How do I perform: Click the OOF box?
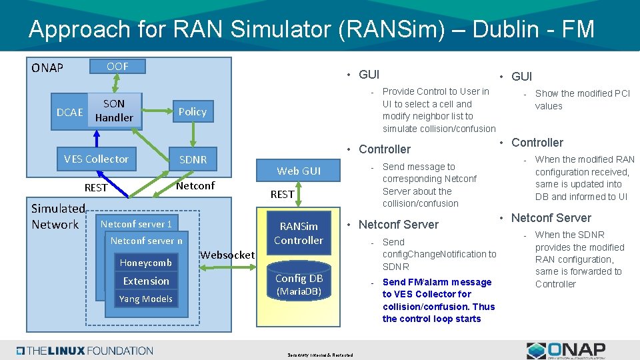117,66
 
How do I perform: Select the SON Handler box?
114,111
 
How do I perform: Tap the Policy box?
192,111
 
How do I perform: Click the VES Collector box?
96,159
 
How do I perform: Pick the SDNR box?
193,159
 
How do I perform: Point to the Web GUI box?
299,171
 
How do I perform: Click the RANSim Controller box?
299,233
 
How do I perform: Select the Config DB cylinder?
299,284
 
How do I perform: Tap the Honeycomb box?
146,263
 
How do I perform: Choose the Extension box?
146,281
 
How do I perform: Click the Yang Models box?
146,299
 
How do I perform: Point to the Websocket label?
227,255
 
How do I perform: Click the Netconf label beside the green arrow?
195,185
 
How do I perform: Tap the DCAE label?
70,112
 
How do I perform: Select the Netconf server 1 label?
136,224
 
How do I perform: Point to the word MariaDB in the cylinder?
299,291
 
